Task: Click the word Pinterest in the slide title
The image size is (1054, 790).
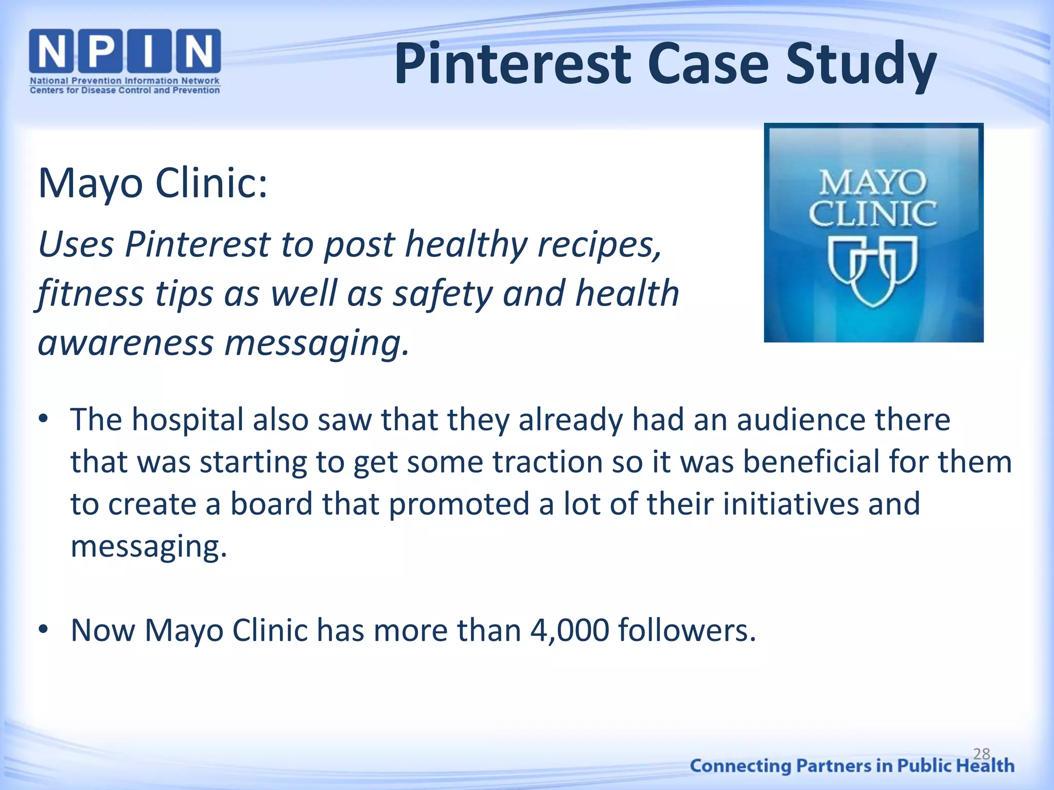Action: click(513, 64)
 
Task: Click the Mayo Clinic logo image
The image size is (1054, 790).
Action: click(873, 232)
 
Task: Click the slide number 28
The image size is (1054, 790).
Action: click(981, 753)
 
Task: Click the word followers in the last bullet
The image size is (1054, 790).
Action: click(687, 630)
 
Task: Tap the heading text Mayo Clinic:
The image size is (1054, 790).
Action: click(153, 183)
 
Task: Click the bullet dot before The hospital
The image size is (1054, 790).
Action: click(43, 419)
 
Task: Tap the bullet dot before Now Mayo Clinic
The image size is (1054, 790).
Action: click(43, 629)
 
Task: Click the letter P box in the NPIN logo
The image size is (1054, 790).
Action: click(100, 51)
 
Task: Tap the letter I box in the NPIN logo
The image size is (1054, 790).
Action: click(149, 51)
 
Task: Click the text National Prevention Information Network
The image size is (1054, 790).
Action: click(125, 81)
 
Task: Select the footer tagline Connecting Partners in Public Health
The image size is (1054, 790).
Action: click(852, 766)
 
